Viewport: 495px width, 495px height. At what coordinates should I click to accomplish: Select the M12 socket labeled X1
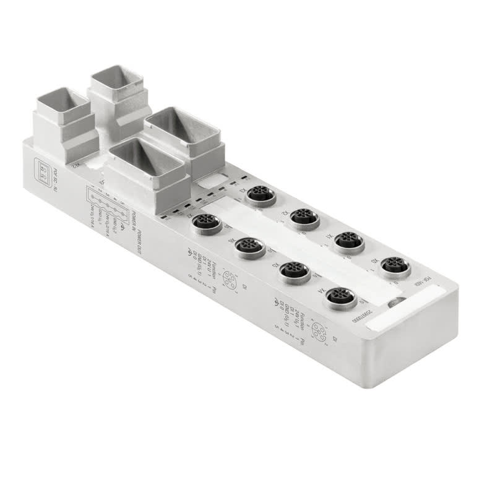348,241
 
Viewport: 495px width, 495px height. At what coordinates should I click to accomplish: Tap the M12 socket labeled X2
304,217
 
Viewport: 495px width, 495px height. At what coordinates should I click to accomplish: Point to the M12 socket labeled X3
260,195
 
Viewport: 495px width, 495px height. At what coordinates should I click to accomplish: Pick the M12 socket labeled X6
249,247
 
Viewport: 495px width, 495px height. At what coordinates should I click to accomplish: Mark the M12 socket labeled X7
206,223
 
